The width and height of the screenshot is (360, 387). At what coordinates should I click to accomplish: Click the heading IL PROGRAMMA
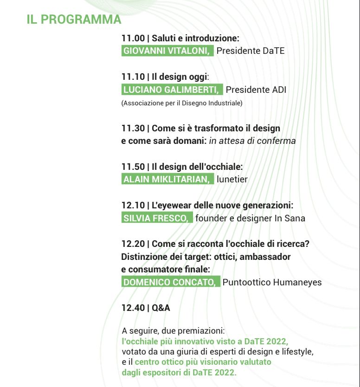click(x=74, y=19)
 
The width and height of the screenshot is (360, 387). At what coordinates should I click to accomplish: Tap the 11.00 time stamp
click(x=133, y=39)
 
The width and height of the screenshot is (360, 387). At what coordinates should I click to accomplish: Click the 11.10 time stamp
click(x=133, y=77)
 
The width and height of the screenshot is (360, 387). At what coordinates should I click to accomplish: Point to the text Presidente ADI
click(x=256, y=90)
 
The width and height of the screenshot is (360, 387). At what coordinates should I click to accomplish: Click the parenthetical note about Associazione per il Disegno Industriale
click(x=182, y=103)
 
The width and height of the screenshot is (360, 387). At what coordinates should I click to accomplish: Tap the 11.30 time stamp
click(x=133, y=128)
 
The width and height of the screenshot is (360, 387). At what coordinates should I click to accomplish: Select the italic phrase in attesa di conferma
click(x=252, y=141)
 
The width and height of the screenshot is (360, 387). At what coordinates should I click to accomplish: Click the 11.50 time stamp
click(x=133, y=167)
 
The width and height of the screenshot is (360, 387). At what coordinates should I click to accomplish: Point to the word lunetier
click(x=232, y=180)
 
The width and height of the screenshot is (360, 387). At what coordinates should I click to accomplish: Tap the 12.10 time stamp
click(x=133, y=205)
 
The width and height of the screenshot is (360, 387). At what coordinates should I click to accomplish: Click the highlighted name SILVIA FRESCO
click(x=157, y=218)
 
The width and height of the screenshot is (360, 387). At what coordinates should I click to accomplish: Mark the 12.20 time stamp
click(x=133, y=244)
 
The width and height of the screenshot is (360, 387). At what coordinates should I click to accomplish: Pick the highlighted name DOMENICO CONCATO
click(x=171, y=282)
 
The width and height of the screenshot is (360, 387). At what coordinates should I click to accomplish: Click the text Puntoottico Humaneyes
click(x=272, y=282)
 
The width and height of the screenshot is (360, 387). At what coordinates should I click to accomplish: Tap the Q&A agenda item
click(x=161, y=308)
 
